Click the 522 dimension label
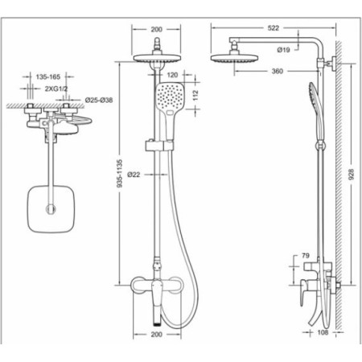(273, 28)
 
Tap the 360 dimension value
(278, 71)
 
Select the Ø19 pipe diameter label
(283, 50)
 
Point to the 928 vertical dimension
(352, 175)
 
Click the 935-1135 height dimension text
(120, 174)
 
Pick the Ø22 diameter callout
(134, 175)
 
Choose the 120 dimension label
(172, 75)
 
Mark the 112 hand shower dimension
(195, 95)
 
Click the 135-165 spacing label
(48, 77)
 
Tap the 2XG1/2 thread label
(56, 88)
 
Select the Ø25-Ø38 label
(99, 101)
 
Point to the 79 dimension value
(306, 256)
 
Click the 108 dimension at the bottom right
(323, 332)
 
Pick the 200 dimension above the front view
(156, 29)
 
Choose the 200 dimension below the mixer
(156, 335)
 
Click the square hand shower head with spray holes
(170, 100)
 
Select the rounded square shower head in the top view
(51, 209)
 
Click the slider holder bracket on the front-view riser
(159, 146)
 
